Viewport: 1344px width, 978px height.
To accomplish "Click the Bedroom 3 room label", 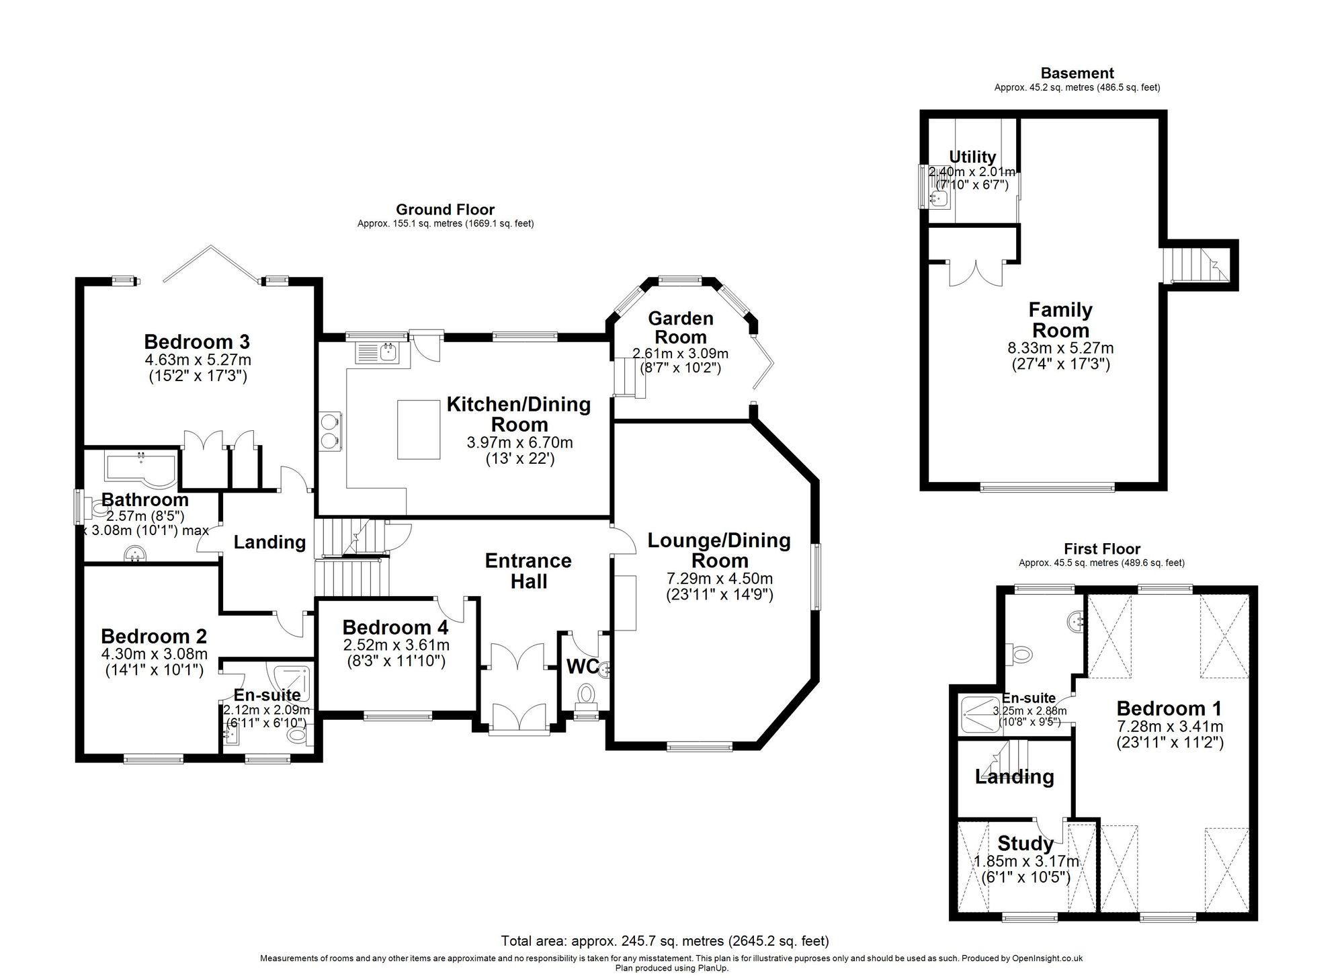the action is click(x=197, y=341).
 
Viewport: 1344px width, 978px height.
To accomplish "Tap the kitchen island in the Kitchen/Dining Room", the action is click(x=419, y=430).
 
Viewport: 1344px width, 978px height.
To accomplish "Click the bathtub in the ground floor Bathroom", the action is click(x=140, y=469).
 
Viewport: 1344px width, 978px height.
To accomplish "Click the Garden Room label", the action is click(x=681, y=327).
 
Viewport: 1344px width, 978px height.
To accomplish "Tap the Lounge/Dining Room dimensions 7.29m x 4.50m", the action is click(x=719, y=579).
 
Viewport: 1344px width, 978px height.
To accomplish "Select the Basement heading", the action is click(x=1077, y=73).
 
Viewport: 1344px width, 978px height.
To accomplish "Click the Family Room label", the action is click(x=1060, y=320).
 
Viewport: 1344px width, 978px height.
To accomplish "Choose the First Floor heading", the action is click(x=1102, y=549).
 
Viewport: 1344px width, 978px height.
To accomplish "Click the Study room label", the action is click(x=1025, y=843).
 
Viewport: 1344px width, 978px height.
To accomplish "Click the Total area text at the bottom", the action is click(x=665, y=940).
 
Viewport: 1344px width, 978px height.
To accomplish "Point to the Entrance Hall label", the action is click(x=529, y=571).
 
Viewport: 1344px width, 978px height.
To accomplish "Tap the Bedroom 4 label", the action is click(x=395, y=627).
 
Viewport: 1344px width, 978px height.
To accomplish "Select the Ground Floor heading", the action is click(x=445, y=210).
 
